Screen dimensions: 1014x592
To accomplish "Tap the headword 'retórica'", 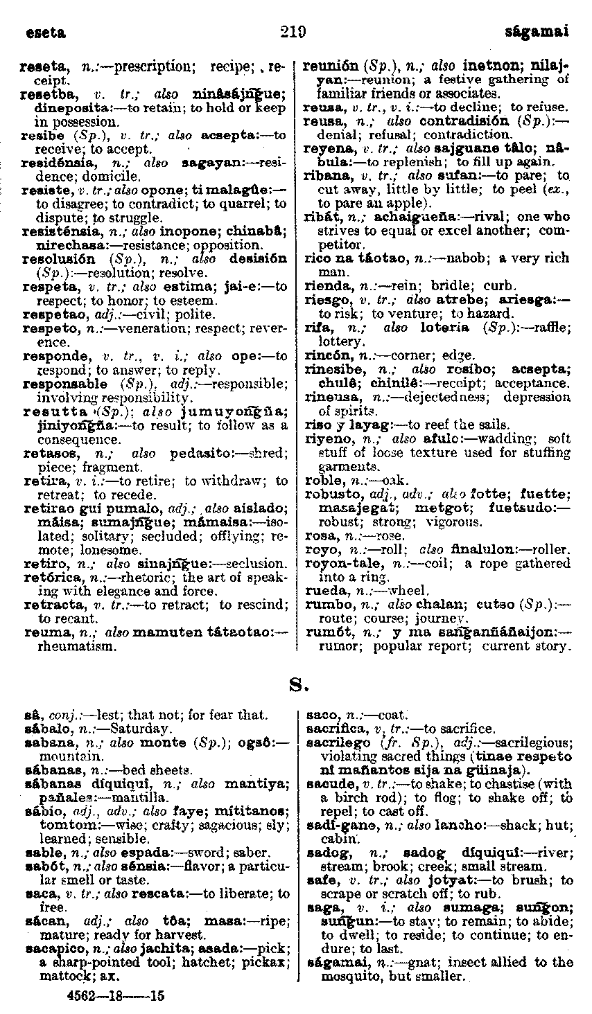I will [x=45, y=577].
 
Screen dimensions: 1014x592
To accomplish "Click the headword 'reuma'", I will [x=41, y=632].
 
